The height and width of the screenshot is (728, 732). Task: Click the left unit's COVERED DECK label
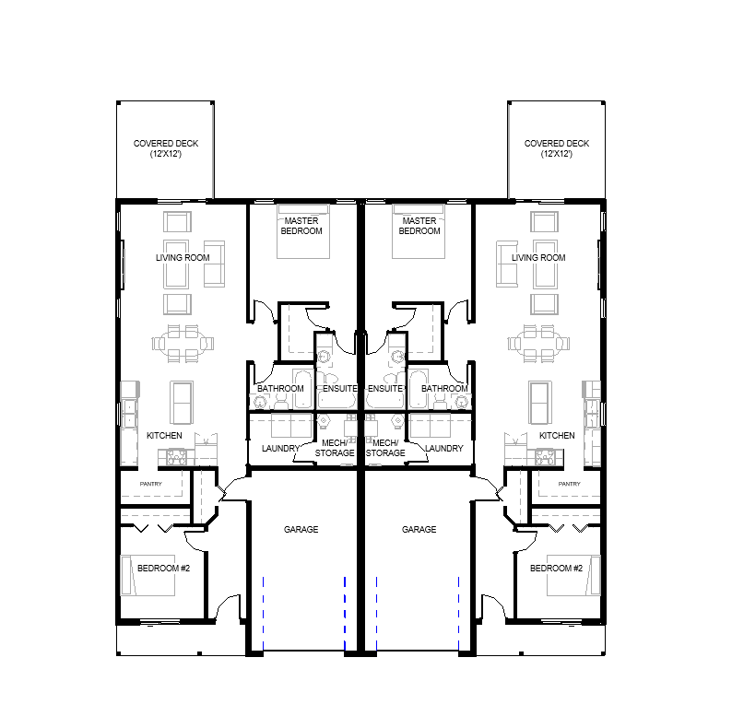click(x=166, y=148)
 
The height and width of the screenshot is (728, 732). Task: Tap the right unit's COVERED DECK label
click(x=557, y=148)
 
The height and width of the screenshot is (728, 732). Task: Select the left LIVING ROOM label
click(x=183, y=258)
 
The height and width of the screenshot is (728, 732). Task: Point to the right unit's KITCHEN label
click(x=557, y=435)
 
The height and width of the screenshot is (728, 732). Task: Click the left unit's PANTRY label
click(x=151, y=484)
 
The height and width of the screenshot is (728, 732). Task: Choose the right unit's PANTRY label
click(x=569, y=484)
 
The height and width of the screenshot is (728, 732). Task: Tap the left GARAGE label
click(x=301, y=529)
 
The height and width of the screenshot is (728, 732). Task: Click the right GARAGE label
click(x=419, y=529)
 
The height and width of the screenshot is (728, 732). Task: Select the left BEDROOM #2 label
click(x=163, y=568)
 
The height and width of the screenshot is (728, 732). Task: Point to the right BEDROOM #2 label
click(x=556, y=568)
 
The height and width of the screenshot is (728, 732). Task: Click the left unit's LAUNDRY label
click(x=280, y=448)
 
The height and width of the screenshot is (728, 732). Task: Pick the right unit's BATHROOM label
click(x=444, y=388)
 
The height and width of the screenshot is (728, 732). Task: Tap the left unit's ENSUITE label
click(x=340, y=388)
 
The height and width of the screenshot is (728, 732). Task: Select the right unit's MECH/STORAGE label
click(x=385, y=448)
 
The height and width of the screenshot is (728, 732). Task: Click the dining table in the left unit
click(x=183, y=344)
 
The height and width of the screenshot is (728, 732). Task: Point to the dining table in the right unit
click(x=538, y=344)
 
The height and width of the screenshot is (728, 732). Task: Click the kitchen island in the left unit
click(x=182, y=403)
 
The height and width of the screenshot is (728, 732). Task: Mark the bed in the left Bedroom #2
click(x=148, y=575)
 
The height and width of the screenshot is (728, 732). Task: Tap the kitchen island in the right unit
click(x=539, y=403)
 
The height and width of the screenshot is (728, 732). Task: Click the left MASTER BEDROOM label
click(x=301, y=226)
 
